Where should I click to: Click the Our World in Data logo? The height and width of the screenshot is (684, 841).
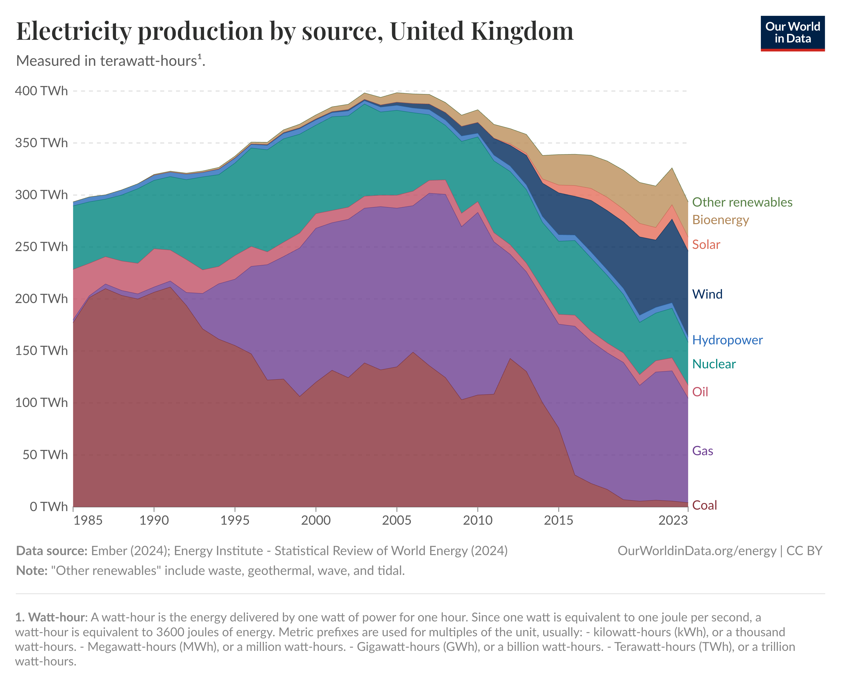[x=792, y=33]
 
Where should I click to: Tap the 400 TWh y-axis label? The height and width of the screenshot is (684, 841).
[x=41, y=91]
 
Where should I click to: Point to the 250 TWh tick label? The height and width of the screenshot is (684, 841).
[x=41, y=247]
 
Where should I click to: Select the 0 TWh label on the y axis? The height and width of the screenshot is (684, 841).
[x=48, y=506]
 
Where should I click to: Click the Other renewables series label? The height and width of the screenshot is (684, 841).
[x=742, y=202]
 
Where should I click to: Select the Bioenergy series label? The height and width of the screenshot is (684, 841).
[x=721, y=220]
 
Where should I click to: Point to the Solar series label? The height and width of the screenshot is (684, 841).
[x=706, y=245]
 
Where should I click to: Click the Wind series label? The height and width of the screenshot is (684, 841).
[x=707, y=294]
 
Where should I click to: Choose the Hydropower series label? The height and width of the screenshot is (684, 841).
[x=727, y=340]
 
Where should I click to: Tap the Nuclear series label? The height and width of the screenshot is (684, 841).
[x=714, y=364]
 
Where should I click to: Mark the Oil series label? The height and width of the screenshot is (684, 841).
[x=700, y=392]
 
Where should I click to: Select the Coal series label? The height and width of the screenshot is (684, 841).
[x=704, y=505]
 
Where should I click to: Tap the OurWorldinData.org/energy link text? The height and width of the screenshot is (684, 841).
[x=697, y=551]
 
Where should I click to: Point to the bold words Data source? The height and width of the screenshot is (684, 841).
[x=52, y=551]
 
